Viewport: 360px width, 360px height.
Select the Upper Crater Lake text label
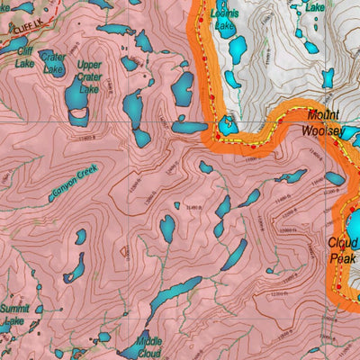[x=89, y=76]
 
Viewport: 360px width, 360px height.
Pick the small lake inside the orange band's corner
[x=228, y=126]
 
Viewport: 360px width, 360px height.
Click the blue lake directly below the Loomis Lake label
[x=238, y=49]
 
